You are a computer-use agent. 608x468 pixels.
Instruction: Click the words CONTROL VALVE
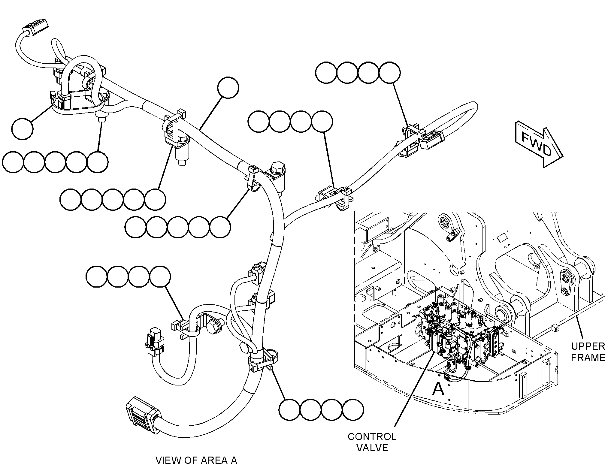pyautogui.click(x=372, y=442)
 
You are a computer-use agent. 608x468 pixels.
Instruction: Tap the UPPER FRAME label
pyautogui.click(x=588, y=352)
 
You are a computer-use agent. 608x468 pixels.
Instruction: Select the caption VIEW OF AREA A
pyautogui.click(x=196, y=460)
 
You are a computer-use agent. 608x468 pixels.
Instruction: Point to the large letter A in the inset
pyautogui.click(x=438, y=390)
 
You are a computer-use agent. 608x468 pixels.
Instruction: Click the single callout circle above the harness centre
pyautogui.click(x=228, y=88)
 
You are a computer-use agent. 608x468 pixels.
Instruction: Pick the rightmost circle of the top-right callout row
pyautogui.click(x=389, y=73)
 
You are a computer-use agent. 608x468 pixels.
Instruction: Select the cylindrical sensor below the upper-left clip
pyautogui.click(x=181, y=151)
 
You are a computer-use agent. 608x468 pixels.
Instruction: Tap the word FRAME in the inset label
pyautogui.click(x=588, y=358)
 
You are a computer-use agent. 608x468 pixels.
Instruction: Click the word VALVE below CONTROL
pyautogui.click(x=372, y=448)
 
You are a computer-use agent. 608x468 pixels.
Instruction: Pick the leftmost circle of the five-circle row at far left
pyautogui.click(x=13, y=162)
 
